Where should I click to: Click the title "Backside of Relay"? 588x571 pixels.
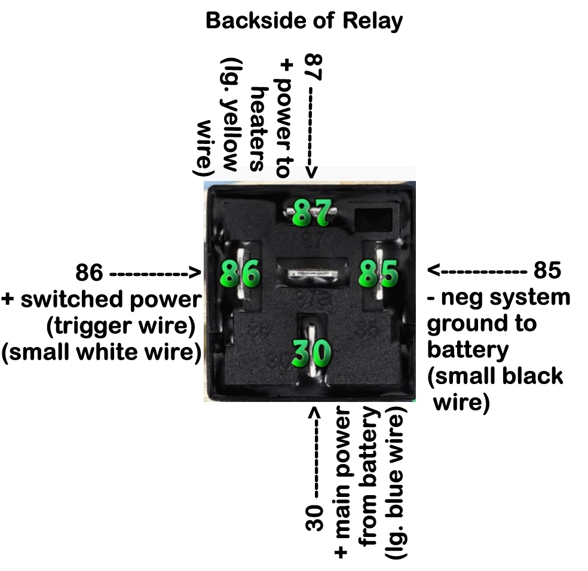[x=304, y=22]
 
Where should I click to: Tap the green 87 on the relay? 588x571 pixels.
[x=311, y=213]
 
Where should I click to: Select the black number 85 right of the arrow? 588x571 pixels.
[x=547, y=271]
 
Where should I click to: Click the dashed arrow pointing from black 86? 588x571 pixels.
[x=154, y=274]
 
